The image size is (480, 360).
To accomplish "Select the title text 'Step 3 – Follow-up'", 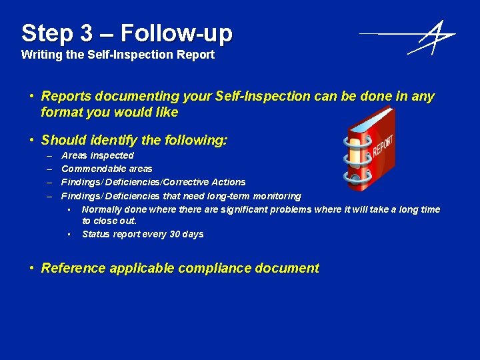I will click(127, 33).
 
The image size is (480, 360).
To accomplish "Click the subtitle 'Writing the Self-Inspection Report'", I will click(118, 55).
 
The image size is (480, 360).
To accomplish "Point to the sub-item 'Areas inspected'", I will click(97, 155).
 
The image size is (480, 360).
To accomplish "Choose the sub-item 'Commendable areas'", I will click(107, 169).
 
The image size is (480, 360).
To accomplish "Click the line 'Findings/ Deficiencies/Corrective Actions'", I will click(153, 182).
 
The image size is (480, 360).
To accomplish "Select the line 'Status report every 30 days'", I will click(143, 234).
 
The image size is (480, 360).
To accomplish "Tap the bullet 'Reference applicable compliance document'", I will click(180, 268).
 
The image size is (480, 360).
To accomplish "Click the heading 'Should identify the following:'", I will click(134, 140).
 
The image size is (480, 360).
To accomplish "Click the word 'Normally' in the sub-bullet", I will click(101, 209).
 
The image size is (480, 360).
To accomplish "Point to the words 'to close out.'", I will click(109, 221).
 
